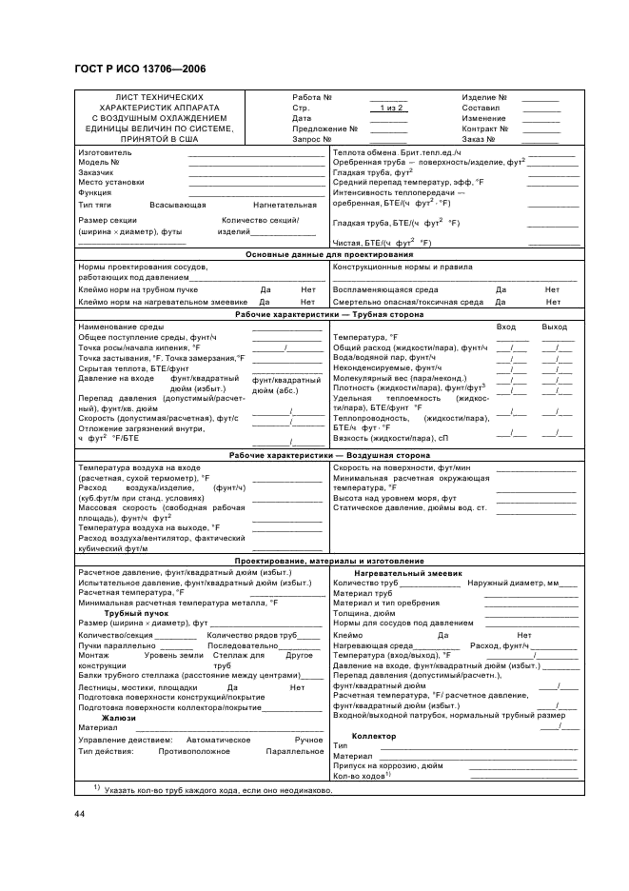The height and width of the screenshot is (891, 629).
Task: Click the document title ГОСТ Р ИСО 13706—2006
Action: [139, 69]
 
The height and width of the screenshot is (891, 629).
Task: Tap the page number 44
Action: [80, 813]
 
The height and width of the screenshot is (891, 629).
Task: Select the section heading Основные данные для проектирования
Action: [329, 255]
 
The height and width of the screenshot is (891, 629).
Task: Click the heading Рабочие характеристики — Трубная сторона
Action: [329, 314]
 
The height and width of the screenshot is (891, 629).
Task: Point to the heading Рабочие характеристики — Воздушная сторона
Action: [329, 456]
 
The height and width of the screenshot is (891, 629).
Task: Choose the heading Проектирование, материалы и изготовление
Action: [329, 561]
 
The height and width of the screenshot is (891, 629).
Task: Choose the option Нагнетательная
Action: [285, 205]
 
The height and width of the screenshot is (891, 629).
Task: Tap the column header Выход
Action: [554, 327]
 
